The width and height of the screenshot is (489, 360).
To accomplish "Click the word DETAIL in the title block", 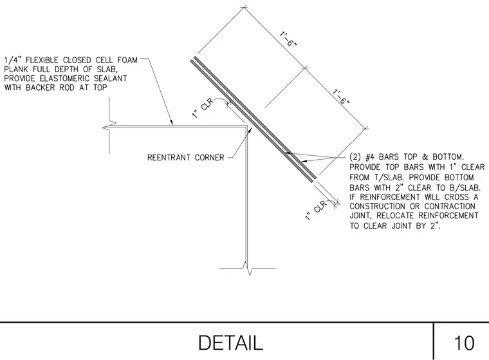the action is (230, 343).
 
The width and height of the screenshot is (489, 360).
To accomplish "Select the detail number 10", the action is (464, 343).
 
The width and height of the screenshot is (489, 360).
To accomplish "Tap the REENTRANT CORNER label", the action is (185, 157).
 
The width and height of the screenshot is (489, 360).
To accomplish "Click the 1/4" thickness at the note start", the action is (12, 60).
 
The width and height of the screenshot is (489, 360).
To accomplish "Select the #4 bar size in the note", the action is (370, 156).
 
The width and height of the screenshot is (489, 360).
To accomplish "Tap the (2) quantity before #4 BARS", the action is (355, 156).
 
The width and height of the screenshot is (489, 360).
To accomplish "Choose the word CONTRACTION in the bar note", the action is (450, 206).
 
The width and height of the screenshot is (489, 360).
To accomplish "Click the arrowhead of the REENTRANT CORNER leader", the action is (249, 131).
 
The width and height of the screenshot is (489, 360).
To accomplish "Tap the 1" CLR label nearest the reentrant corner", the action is (203, 108).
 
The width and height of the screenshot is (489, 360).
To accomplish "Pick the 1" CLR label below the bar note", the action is (315, 211).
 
